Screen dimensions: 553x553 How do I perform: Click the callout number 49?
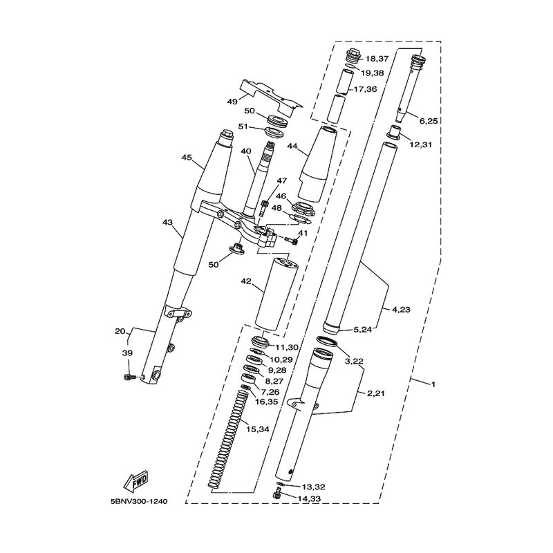232,101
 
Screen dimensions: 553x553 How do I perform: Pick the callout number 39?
126,353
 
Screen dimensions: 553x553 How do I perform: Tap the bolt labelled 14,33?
278,494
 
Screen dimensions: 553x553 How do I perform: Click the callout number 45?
186,158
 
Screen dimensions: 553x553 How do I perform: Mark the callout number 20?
120,331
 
